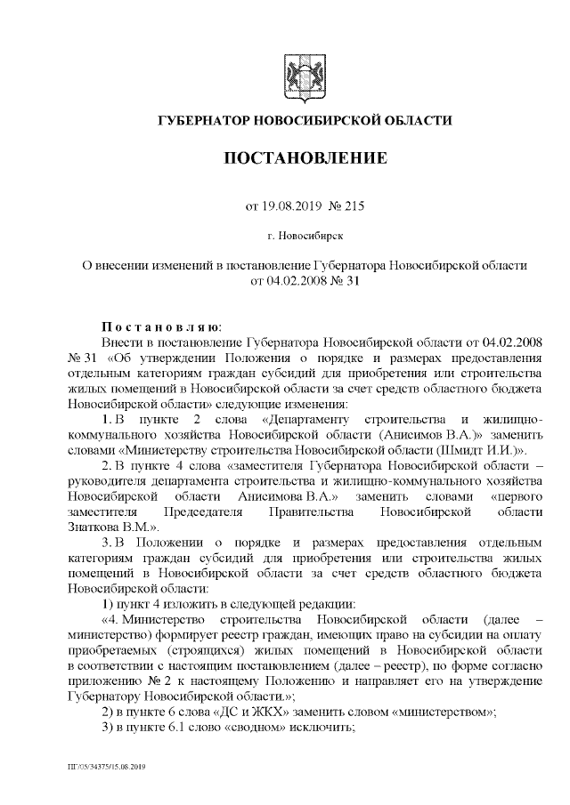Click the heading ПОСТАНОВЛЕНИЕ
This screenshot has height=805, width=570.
point(304,159)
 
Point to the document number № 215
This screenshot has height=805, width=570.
point(347,206)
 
